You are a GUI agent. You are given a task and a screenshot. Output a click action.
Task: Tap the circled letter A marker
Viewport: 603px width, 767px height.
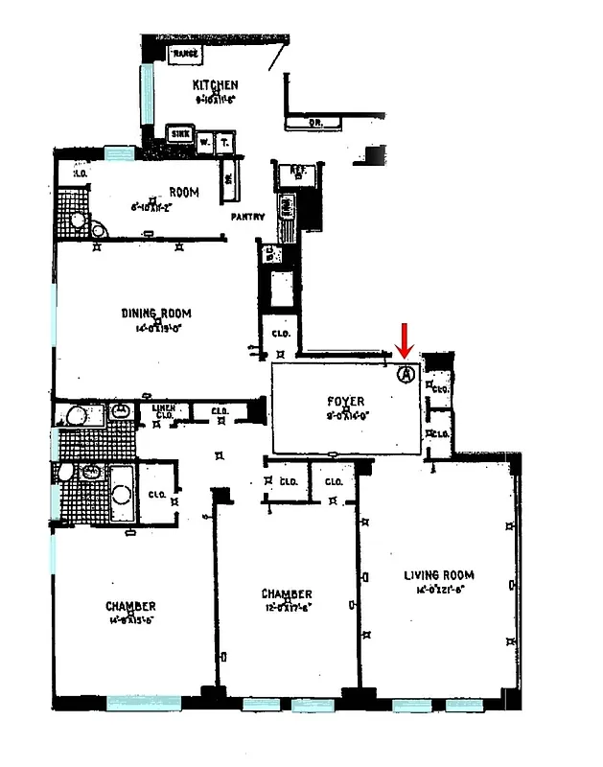(406, 374)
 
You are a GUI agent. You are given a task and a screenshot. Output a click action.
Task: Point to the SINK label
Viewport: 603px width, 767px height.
(179, 134)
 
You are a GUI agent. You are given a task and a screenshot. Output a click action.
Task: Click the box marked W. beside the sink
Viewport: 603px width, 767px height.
(205, 140)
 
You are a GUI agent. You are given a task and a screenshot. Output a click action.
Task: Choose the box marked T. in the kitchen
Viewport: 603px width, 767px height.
(224, 140)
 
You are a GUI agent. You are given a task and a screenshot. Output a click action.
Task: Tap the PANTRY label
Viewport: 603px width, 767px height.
(247, 217)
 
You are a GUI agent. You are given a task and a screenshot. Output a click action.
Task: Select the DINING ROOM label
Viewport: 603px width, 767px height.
(156, 314)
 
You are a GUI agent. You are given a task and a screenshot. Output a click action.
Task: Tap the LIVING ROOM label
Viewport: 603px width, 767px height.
(439, 575)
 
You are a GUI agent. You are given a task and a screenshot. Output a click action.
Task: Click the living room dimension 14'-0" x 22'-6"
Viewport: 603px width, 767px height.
(438, 589)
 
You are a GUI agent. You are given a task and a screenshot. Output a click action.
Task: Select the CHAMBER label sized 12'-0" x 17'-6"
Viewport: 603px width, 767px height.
(287, 594)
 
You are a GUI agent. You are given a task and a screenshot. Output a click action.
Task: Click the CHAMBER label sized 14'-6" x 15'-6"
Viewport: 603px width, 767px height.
(130, 606)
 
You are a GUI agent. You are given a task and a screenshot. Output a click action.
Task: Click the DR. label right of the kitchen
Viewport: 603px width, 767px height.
(315, 123)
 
